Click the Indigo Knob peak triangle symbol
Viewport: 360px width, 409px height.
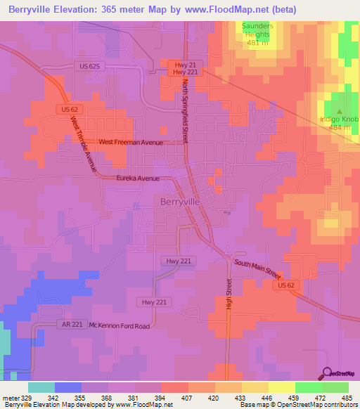coord(340,110)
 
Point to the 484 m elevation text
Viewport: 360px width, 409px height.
coord(340,128)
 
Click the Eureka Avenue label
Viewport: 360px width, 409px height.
coord(138,179)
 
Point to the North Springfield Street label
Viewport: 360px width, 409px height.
coord(185,111)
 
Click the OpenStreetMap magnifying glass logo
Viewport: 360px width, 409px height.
coord(325,373)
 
